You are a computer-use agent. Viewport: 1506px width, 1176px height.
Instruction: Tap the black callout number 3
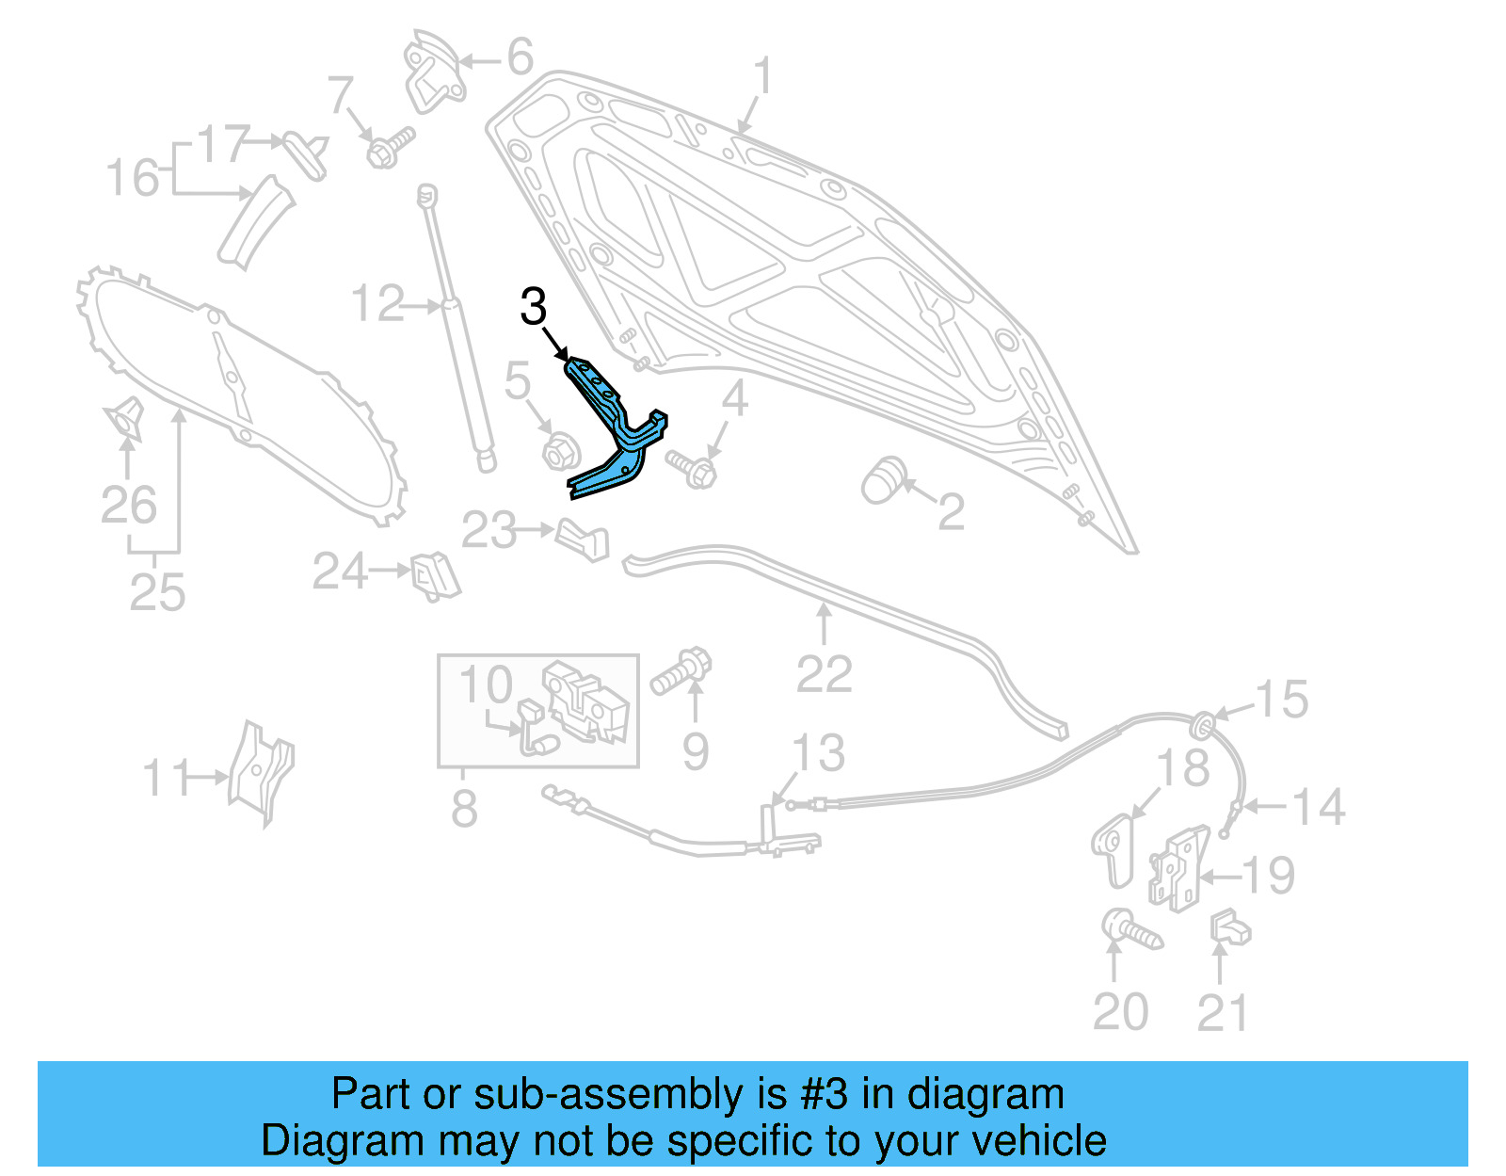533,307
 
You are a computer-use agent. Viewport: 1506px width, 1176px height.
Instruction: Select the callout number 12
377,304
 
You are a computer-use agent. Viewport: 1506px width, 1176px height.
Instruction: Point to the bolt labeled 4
693,468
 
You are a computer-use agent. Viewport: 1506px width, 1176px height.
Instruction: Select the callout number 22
825,674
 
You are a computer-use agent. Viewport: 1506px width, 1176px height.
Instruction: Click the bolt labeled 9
681,669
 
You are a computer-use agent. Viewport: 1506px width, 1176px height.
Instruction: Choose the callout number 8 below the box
464,808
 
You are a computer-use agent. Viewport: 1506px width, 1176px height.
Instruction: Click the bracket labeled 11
259,772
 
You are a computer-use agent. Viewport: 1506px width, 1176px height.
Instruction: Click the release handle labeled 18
1114,847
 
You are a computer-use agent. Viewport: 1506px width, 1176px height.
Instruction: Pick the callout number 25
157,592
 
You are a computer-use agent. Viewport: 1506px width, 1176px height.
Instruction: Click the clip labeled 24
435,575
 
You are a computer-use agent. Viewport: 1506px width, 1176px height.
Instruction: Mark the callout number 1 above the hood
762,76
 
